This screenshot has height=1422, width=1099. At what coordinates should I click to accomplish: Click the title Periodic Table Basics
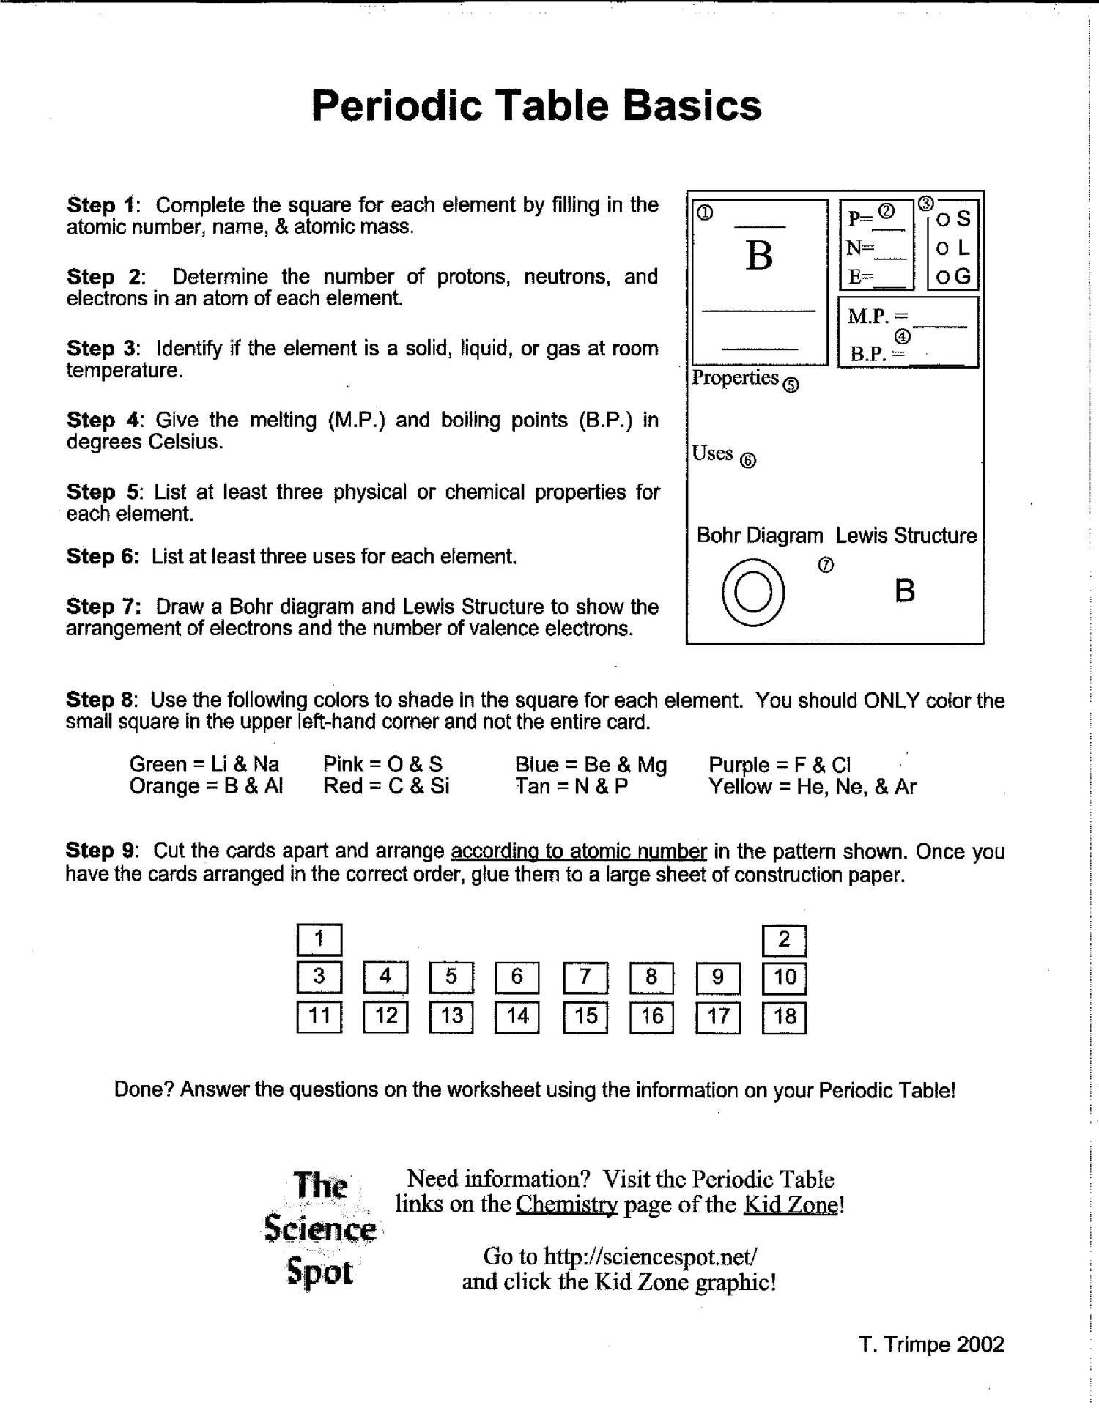pyautogui.click(x=536, y=105)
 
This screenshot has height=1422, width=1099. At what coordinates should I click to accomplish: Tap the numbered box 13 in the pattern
pyautogui.click(x=451, y=1016)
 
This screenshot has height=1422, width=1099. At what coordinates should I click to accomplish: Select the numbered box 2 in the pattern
pyautogui.click(x=784, y=940)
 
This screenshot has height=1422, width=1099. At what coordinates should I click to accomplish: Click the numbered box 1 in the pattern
pyautogui.click(x=319, y=939)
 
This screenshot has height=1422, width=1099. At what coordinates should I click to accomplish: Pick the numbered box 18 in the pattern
pyautogui.click(x=784, y=1017)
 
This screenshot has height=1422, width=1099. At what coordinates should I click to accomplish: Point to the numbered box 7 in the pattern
pyautogui.click(x=585, y=977)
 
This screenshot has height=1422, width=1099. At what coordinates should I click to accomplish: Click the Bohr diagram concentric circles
pyautogui.click(x=753, y=592)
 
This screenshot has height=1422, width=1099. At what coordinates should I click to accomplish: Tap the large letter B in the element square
pyautogui.click(x=759, y=256)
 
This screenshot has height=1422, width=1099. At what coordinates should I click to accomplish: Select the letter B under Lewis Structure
pyautogui.click(x=905, y=590)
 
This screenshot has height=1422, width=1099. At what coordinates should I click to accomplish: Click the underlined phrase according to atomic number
pyautogui.click(x=578, y=851)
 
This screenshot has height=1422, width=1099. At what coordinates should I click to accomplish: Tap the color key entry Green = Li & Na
pyautogui.click(x=204, y=765)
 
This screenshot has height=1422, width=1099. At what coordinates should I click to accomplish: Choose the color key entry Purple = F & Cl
pyautogui.click(x=779, y=765)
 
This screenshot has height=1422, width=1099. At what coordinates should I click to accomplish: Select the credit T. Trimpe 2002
pyautogui.click(x=930, y=1344)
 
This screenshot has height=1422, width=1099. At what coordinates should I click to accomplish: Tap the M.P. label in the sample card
pyautogui.click(x=868, y=316)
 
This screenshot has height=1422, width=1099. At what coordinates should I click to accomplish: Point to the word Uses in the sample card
pyautogui.click(x=712, y=453)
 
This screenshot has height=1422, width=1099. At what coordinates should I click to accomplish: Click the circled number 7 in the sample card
pyautogui.click(x=826, y=565)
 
